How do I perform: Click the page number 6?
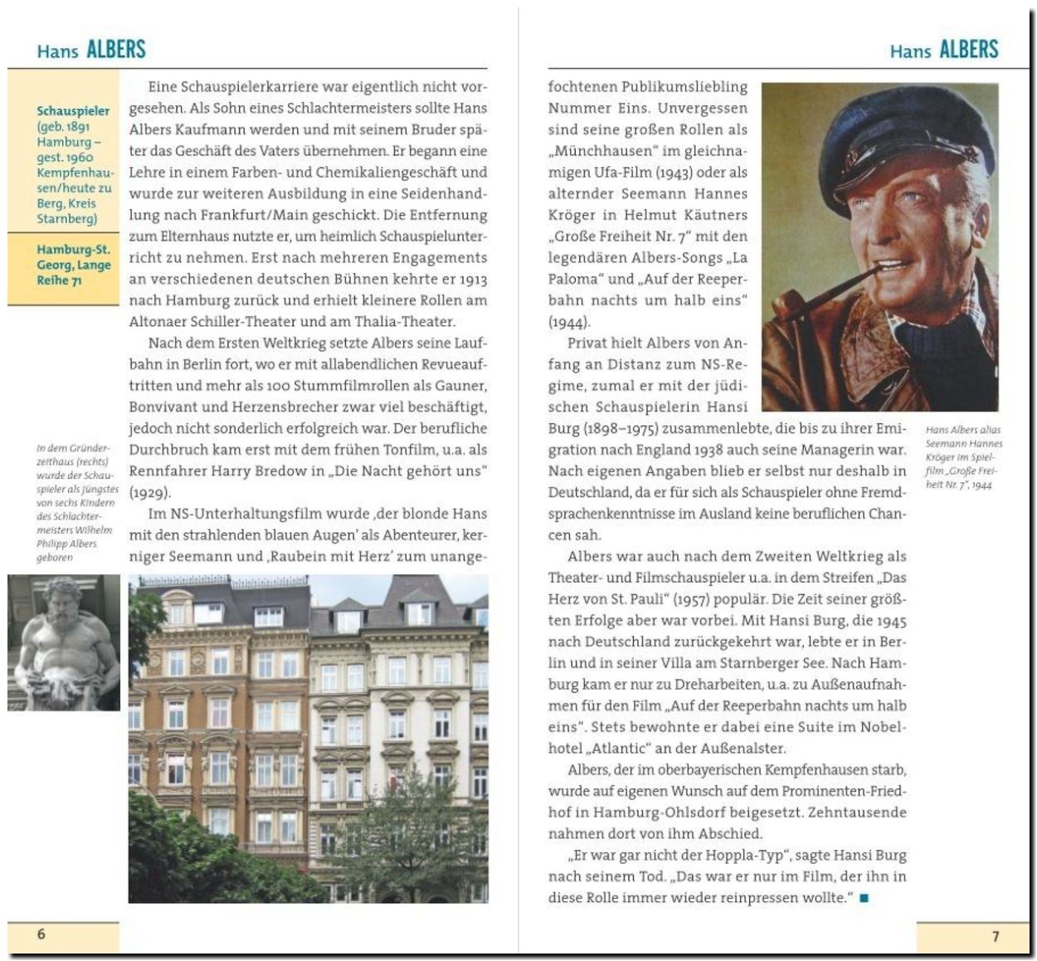pyautogui.click(x=41, y=934)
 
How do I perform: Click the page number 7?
pyautogui.click(x=996, y=936)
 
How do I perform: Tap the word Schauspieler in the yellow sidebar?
pyautogui.click(x=73, y=110)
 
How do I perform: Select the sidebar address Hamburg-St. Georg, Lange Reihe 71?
pyautogui.click(x=73, y=265)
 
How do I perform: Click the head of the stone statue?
pyautogui.click(x=62, y=602)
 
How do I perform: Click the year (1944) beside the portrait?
pyautogui.click(x=568, y=322)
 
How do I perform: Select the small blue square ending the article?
pyautogui.click(x=864, y=898)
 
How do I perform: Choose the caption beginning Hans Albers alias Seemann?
pyautogui.click(x=963, y=456)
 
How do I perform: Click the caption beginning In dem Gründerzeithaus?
pyautogui.click(x=77, y=502)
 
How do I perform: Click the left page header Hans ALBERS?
pyautogui.click(x=91, y=50)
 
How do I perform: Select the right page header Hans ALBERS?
pyautogui.click(x=944, y=50)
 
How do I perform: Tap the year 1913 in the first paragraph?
pyautogui.click(x=470, y=279)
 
